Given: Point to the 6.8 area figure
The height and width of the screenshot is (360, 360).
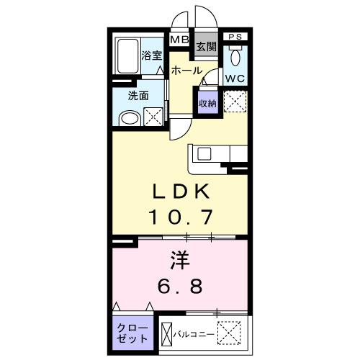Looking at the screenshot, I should [179, 284].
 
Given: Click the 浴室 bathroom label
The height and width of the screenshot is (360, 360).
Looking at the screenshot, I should [151, 55].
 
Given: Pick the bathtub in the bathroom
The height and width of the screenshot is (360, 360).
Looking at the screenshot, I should [127, 55].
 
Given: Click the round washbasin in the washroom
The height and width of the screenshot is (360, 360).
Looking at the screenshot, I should [127, 117].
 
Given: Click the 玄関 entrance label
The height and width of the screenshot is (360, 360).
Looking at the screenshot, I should [206, 48].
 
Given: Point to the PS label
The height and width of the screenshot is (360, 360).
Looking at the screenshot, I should [234, 37].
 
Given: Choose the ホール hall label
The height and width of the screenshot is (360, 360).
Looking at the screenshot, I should [186, 71].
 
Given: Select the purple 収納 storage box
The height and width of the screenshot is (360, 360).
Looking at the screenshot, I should [207, 103].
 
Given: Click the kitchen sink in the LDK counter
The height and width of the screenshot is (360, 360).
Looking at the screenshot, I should [202, 153].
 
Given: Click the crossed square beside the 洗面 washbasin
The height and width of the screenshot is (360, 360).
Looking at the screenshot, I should [154, 117].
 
